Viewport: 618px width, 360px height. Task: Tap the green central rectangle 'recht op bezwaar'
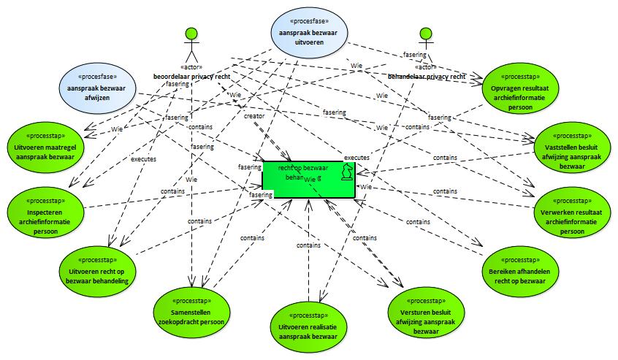292,178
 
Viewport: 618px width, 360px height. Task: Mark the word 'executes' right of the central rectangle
356,157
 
